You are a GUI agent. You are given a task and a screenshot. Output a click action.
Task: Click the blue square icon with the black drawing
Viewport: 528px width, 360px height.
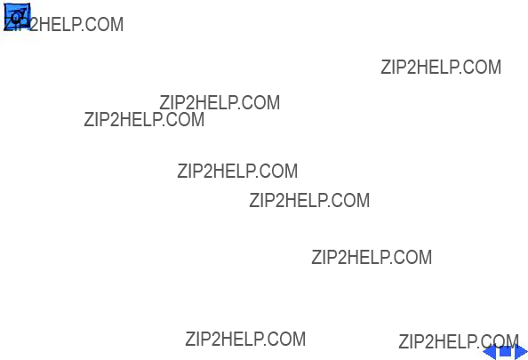17,16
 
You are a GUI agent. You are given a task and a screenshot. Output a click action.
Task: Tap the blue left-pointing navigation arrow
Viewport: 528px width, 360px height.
491,352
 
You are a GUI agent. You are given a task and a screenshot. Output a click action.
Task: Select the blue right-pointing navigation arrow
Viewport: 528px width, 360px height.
521,352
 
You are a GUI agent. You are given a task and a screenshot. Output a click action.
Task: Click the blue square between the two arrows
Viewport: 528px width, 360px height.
506,352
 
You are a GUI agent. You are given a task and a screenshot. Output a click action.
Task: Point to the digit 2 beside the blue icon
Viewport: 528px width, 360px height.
34,25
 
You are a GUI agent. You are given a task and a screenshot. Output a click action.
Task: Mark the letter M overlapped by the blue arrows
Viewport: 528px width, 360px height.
512,341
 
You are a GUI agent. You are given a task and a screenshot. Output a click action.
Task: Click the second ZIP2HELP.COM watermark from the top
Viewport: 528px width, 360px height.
441,67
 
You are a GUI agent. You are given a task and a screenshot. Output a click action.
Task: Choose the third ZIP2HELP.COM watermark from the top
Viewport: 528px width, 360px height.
220,103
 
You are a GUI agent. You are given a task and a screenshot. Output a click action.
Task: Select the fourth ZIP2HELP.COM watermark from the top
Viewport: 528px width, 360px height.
144,119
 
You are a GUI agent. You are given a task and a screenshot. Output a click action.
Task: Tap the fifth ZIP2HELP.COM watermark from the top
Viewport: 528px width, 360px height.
237,171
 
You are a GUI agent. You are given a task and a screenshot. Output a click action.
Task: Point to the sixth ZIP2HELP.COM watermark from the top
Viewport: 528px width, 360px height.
309,200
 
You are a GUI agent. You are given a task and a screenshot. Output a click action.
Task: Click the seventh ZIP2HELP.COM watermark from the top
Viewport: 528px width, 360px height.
372,257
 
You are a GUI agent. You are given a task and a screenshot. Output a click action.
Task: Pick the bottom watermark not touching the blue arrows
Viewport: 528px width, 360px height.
245,340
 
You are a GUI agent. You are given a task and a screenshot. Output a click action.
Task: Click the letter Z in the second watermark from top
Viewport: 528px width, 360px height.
386,67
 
